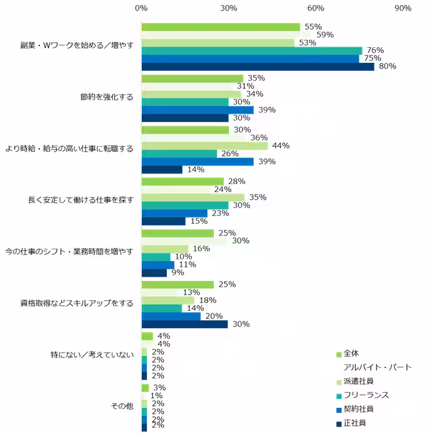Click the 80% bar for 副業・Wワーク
point(258,67)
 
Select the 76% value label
point(375,50)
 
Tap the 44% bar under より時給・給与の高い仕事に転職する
point(205,145)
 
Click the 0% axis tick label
point(141,8)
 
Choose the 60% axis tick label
point(316,8)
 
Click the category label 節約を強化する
point(106,98)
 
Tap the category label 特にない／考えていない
point(92,356)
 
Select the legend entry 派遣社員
point(359,381)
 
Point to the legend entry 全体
point(351,353)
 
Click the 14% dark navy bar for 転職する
point(162,170)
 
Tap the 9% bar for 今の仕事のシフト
point(154,272)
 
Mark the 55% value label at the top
point(312,27)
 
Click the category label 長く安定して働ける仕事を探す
point(81,201)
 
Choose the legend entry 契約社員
point(359,409)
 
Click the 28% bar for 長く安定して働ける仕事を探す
point(182,182)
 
